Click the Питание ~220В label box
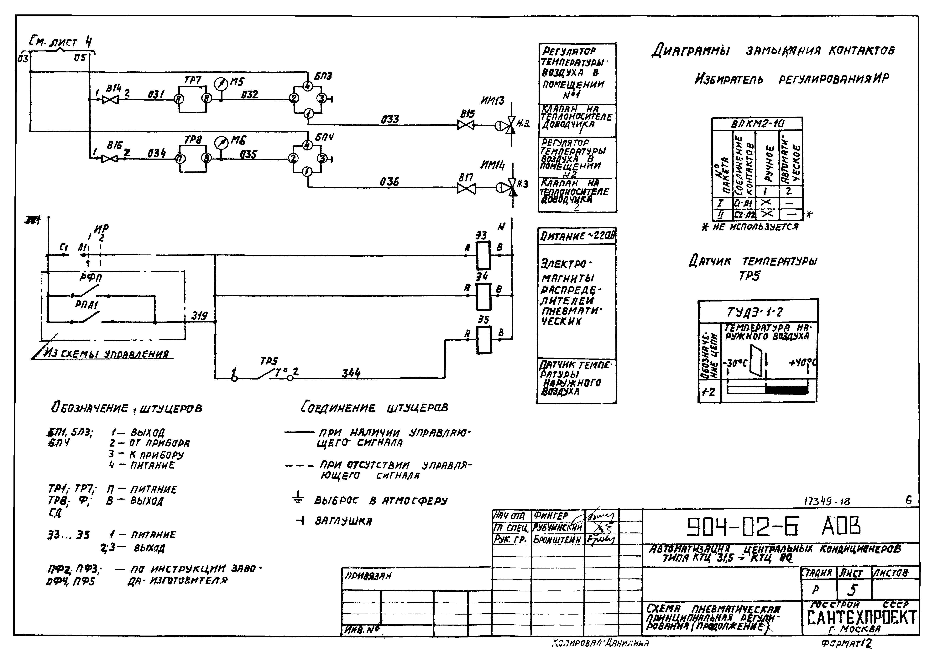click(x=577, y=236)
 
